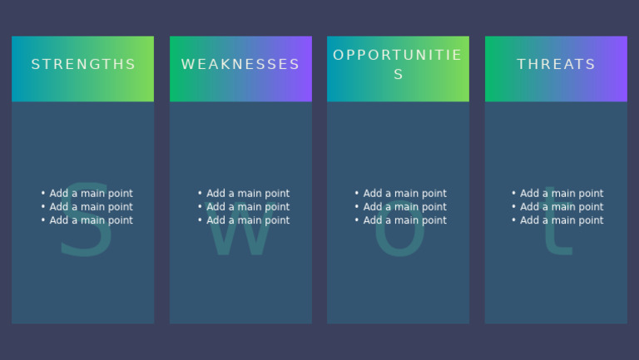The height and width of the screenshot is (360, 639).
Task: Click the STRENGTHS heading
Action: click(x=83, y=65)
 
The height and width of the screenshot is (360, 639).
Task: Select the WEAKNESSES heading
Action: click(x=240, y=65)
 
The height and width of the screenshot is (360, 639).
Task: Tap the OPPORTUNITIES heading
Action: click(x=398, y=65)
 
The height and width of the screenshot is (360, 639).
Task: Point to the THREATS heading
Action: click(x=556, y=65)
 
